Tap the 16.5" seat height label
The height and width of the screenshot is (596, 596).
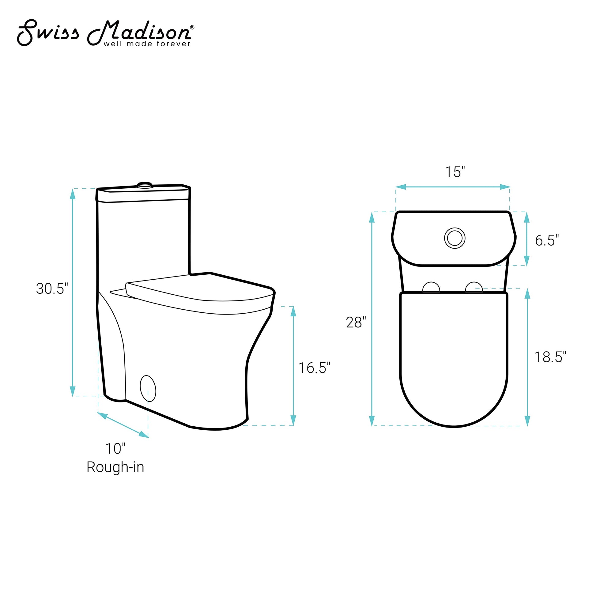(314, 368)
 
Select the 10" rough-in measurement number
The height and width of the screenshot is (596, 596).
(115, 449)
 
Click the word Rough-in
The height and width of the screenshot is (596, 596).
(115, 467)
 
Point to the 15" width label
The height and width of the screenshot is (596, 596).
(455, 172)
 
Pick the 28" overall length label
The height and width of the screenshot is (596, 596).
(356, 323)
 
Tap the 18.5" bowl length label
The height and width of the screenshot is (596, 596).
(550, 357)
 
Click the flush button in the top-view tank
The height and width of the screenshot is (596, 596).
(455, 238)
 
